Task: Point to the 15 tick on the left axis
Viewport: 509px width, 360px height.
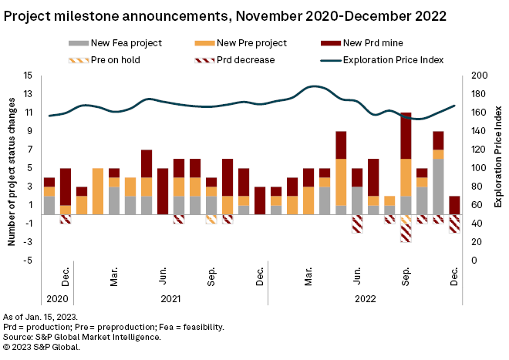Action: (x=28, y=76)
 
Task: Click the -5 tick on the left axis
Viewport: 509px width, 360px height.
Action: (x=28, y=261)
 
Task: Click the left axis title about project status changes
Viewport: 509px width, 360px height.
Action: (x=12, y=168)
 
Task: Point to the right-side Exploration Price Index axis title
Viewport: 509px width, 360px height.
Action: (x=497, y=168)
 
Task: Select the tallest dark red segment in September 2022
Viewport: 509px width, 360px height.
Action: (x=406, y=136)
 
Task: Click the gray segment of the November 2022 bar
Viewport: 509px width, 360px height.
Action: (x=438, y=186)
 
